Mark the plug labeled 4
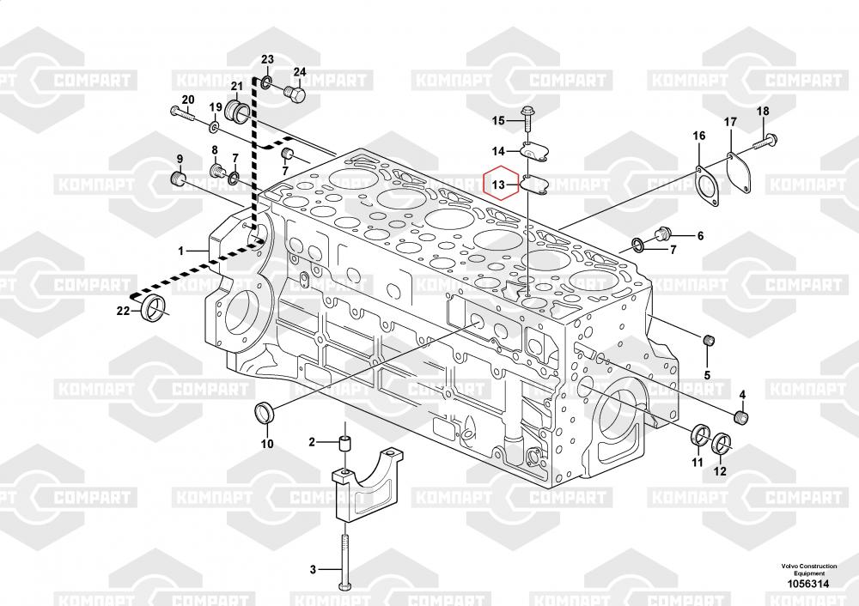[743, 418]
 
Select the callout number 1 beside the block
[181, 251]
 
